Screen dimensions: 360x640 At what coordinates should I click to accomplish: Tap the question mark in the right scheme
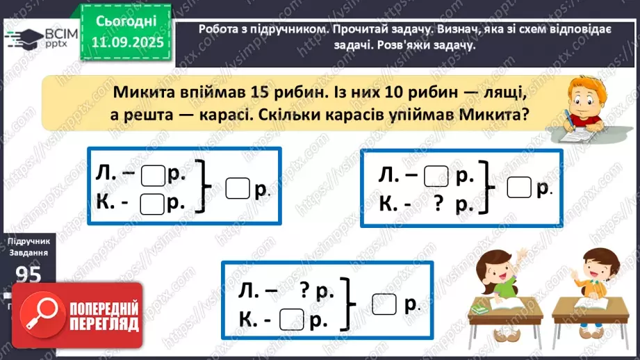pyautogui.click(x=438, y=204)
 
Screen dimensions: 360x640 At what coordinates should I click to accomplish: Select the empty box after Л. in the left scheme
pyautogui.click(x=152, y=177)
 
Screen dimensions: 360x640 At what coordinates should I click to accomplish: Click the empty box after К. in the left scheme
pyautogui.click(x=152, y=204)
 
